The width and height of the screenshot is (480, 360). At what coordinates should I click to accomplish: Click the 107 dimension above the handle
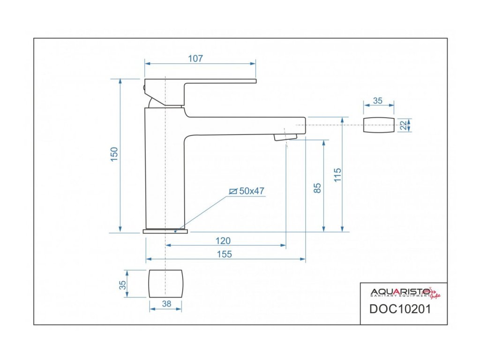(x=195, y=59)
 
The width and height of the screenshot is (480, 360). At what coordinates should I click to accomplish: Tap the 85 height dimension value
(x=317, y=188)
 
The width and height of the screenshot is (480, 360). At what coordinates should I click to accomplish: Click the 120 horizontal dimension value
(x=223, y=240)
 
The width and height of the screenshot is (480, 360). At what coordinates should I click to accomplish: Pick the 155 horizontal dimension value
(x=225, y=254)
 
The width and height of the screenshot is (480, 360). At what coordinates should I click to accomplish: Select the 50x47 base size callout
(x=252, y=191)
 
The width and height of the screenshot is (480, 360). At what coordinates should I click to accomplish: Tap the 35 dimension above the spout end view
(x=378, y=100)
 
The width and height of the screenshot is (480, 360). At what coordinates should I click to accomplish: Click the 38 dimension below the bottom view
(x=166, y=304)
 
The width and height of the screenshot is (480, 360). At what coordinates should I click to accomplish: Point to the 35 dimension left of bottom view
(x=123, y=285)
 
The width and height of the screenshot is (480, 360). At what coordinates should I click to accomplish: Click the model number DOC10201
(x=400, y=309)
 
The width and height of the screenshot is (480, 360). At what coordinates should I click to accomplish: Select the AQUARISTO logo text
(x=396, y=292)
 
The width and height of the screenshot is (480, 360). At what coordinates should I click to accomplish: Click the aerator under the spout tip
(x=285, y=137)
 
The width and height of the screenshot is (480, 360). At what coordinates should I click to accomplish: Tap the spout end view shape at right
(x=378, y=125)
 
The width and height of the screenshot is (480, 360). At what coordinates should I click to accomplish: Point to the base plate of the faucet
(x=165, y=231)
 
